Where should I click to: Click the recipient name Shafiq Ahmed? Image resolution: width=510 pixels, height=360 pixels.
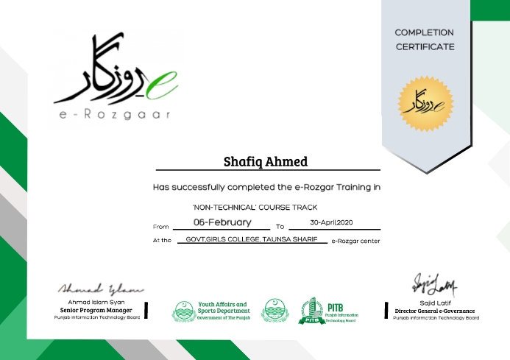pyautogui.click(x=266, y=161)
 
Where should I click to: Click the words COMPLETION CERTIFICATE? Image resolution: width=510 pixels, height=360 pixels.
pyautogui.click(x=425, y=40)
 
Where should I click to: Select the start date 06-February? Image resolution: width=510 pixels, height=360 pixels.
pyautogui.click(x=222, y=222)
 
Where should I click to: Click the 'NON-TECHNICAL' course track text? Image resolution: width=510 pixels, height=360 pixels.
pyautogui.click(x=254, y=207)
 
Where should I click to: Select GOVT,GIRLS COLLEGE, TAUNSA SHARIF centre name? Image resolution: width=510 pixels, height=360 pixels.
pyautogui.click(x=252, y=240)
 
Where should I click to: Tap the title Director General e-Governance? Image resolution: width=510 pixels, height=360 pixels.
pyautogui.click(x=434, y=311)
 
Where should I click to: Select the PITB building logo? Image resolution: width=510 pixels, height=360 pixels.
pyautogui.click(x=311, y=311)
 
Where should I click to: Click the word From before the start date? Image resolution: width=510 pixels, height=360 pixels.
pyautogui.click(x=160, y=227)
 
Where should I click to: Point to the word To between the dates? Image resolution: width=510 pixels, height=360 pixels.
pyautogui.click(x=280, y=227)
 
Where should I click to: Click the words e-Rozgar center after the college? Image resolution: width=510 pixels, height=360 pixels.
pyautogui.click(x=356, y=241)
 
